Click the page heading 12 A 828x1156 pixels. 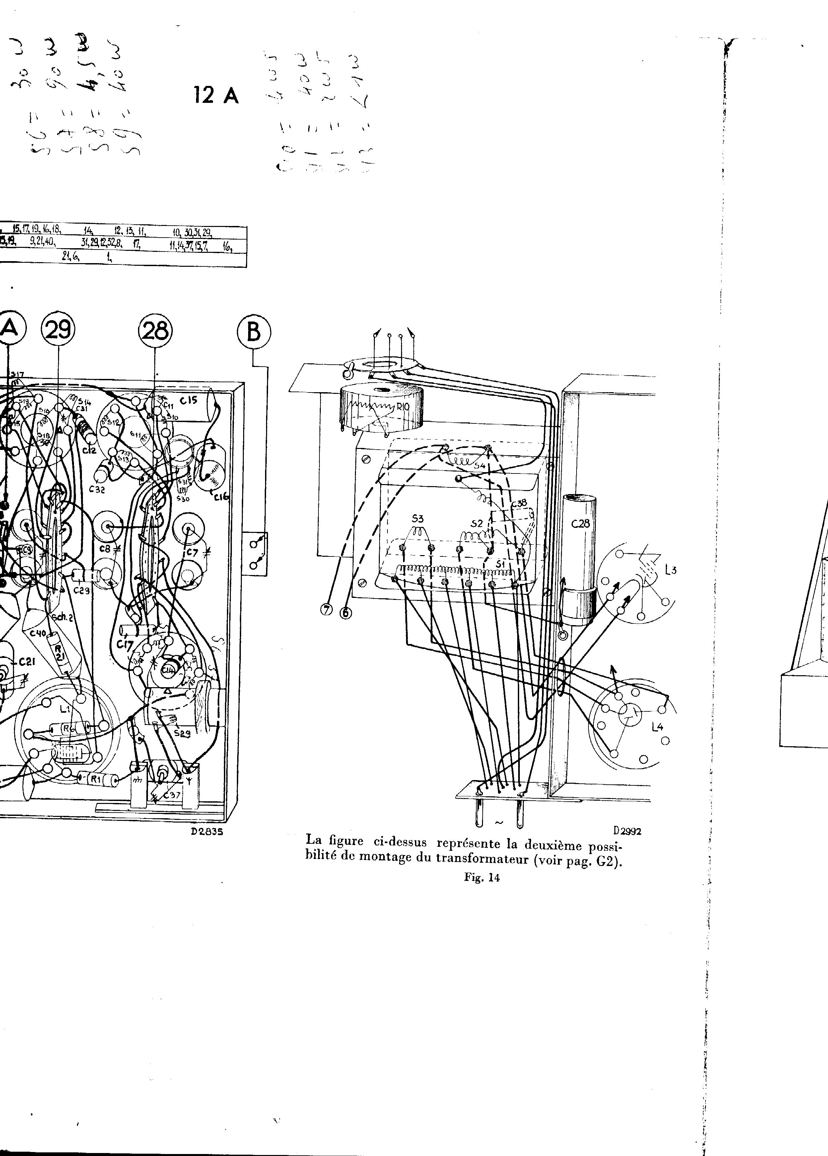pyautogui.click(x=216, y=95)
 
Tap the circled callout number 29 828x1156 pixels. pyautogui.click(x=58, y=331)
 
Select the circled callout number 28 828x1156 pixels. pyautogui.click(x=155, y=331)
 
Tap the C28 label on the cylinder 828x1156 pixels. pyautogui.click(x=581, y=523)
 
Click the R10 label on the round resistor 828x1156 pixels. pyautogui.click(x=402, y=407)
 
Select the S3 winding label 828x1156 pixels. pyautogui.click(x=417, y=519)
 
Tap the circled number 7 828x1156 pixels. pyautogui.click(x=326, y=611)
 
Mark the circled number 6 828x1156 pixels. pyautogui.click(x=345, y=613)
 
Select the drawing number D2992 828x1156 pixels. pyautogui.click(x=627, y=831)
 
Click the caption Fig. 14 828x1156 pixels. pyautogui.click(x=482, y=877)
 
